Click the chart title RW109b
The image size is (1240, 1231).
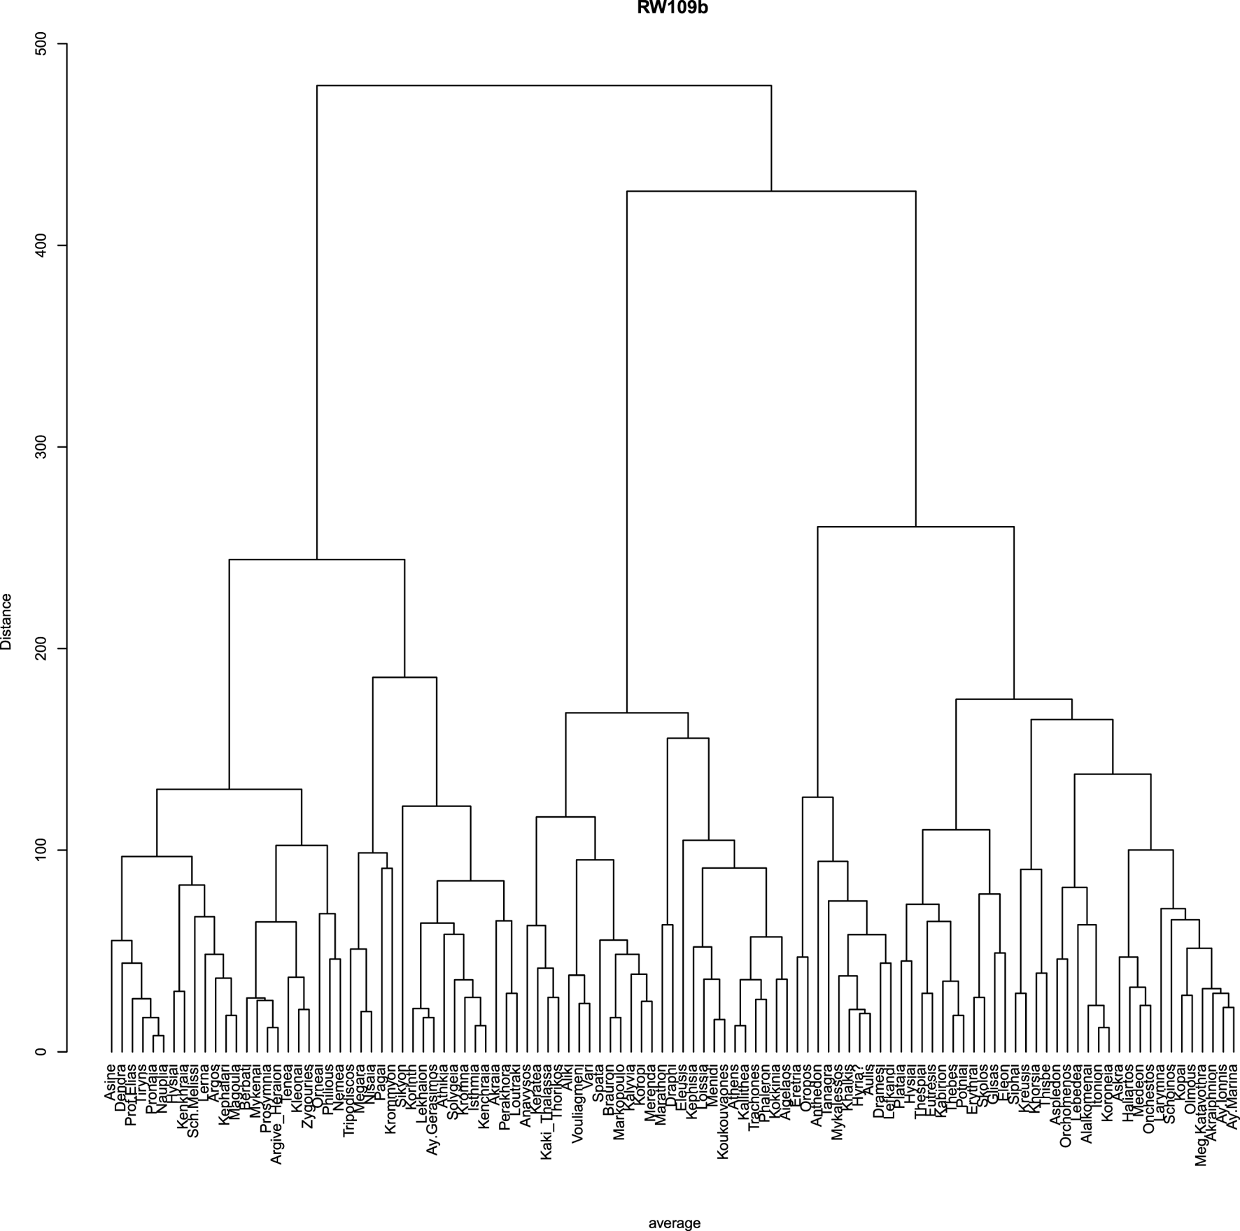click(x=672, y=8)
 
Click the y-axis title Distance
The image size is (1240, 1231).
click(x=7, y=621)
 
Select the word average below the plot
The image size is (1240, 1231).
click(x=674, y=1223)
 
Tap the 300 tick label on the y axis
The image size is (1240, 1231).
click(x=43, y=447)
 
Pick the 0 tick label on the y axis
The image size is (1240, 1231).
click(x=43, y=1051)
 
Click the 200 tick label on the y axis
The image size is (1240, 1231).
click(x=43, y=648)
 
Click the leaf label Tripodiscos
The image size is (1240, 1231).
click(x=348, y=1099)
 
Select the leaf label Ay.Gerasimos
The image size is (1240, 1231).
click(x=432, y=1104)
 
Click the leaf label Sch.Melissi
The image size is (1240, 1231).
click(x=193, y=1098)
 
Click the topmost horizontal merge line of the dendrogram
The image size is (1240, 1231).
click(x=544, y=85)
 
